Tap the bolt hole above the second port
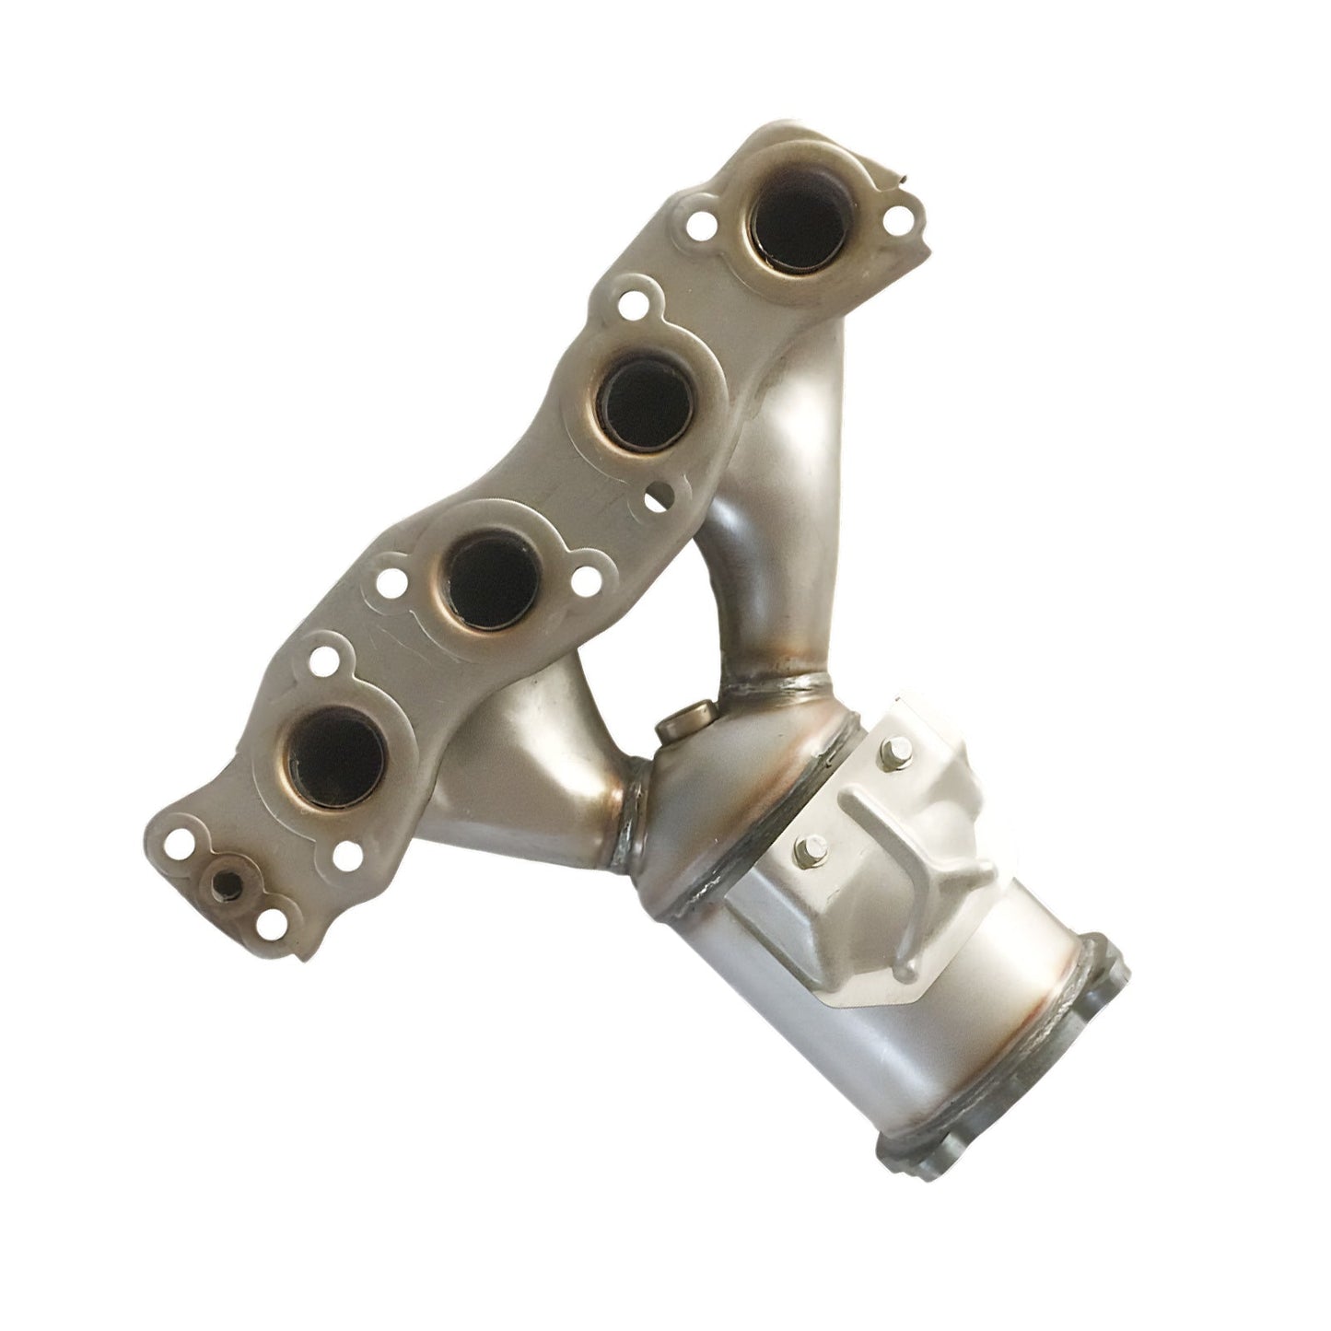tap(632, 303)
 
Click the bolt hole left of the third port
tap(394, 582)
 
